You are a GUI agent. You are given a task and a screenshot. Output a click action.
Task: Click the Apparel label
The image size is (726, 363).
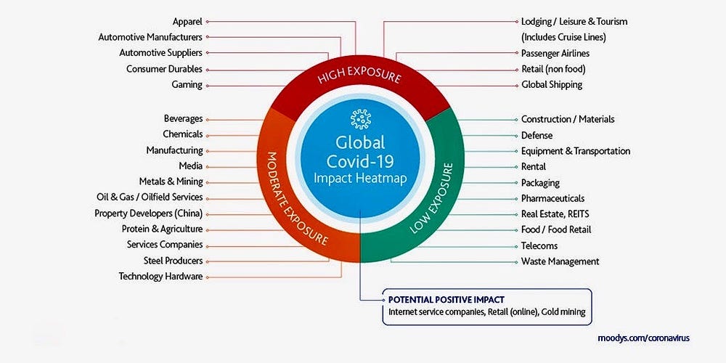(187, 22)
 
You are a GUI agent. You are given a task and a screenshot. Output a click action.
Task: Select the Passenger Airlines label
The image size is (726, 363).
(555, 53)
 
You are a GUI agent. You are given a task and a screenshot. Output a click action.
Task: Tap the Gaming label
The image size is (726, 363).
(187, 85)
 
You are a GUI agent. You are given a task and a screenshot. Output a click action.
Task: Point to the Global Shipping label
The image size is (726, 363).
(552, 85)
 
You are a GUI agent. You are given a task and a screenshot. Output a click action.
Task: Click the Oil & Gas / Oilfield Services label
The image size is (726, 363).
(150, 197)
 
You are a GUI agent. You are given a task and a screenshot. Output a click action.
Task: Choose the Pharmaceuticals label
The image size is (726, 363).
(552, 198)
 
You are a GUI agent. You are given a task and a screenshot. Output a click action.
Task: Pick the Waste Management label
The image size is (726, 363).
(560, 261)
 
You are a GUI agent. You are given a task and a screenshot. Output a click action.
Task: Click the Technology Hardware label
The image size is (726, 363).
(160, 277)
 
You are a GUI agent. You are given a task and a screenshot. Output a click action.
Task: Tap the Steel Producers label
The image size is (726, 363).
(173, 261)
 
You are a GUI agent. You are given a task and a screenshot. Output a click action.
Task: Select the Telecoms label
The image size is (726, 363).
(539, 245)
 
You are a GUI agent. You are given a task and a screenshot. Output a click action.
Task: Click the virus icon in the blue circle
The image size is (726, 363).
(360, 118)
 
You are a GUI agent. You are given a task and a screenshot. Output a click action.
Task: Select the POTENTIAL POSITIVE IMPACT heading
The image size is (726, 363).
(446, 299)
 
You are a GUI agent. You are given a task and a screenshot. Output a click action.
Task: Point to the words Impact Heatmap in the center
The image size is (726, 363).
(360, 178)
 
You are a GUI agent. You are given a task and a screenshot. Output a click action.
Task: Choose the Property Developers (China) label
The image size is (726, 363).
(148, 213)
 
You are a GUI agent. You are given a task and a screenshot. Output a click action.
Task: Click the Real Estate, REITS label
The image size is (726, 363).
(556, 214)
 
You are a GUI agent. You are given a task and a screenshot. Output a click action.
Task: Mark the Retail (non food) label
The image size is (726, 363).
(552, 69)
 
